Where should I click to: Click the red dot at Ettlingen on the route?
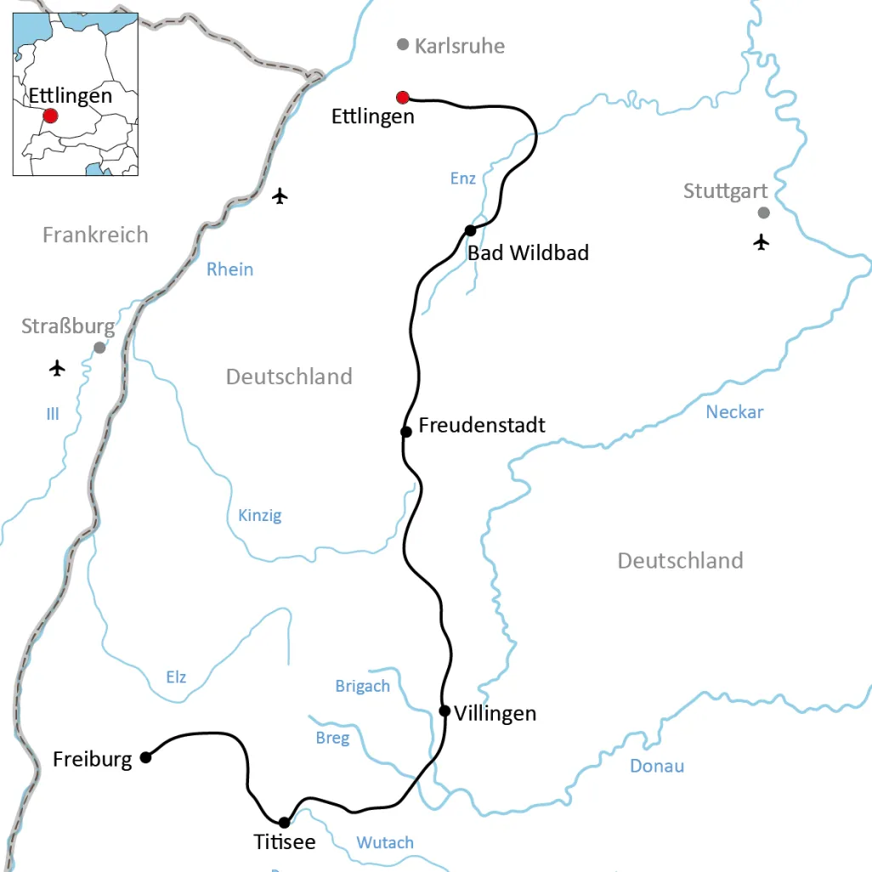click(403, 97)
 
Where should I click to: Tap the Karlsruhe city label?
click(460, 46)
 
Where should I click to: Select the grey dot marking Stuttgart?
click(763, 212)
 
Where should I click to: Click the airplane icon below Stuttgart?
click(761, 242)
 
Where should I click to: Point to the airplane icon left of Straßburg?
click(57, 368)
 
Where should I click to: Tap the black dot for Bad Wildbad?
click(470, 231)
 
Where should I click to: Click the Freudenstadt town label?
click(482, 425)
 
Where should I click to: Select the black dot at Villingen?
click(444, 711)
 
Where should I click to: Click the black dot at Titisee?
click(284, 822)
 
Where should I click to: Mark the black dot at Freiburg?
click(145, 757)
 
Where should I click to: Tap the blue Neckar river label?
click(734, 412)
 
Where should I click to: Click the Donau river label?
click(657, 766)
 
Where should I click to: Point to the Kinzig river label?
click(259, 515)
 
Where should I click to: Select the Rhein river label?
click(229, 269)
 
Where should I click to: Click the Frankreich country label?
click(95, 235)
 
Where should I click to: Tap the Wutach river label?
click(385, 842)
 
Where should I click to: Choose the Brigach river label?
click(362, 686)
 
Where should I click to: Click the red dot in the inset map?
click(51, 116)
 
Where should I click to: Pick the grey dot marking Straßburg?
click(99, 348)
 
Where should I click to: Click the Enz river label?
click(462, 178)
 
